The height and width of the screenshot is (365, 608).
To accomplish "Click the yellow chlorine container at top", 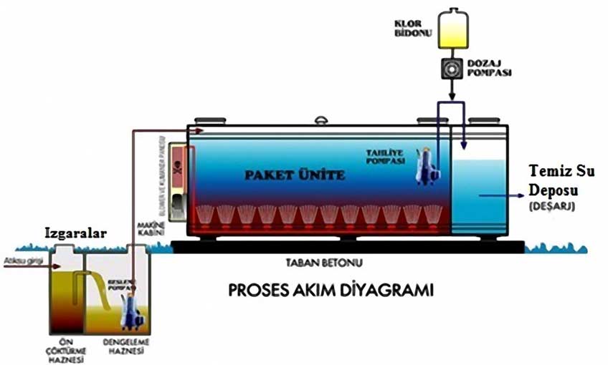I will click(x=450, y=27).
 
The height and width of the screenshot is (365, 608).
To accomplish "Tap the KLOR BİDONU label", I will click(x=409, y=27).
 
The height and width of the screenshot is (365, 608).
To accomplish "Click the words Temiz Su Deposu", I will click(x=557, y=181).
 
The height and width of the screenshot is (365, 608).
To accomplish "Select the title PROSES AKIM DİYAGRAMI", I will click(x=332, y=292).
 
